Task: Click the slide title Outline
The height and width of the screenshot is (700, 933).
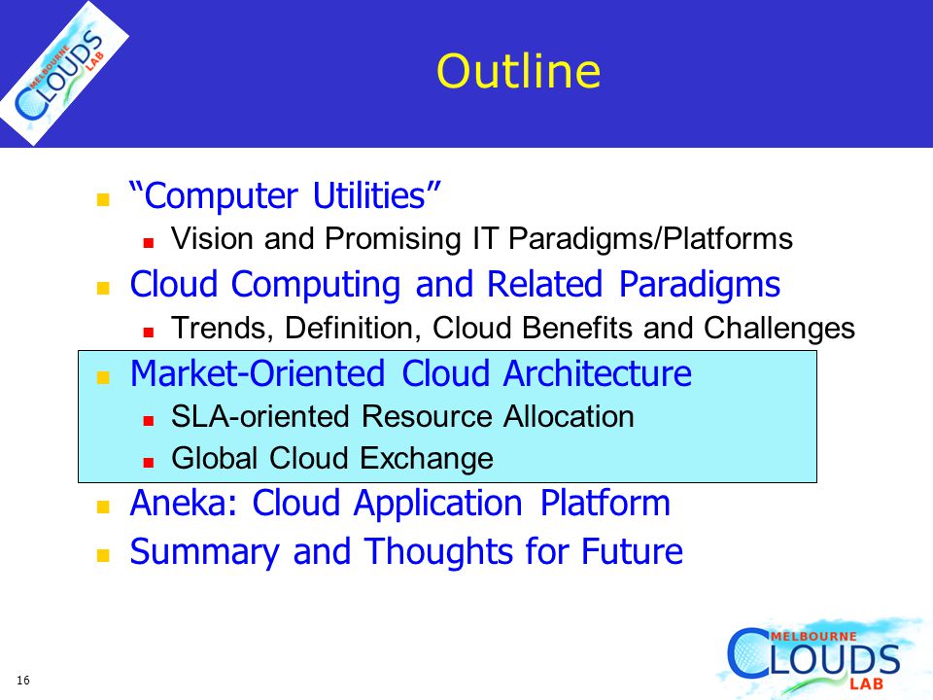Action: pos(518,71)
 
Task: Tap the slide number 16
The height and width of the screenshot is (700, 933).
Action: pos(23,680)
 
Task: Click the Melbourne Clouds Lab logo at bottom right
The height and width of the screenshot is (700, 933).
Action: pos(818,658)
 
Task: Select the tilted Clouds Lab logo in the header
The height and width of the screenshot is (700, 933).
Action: pos(64,73)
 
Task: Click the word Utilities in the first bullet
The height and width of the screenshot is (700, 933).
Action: pos(376,195)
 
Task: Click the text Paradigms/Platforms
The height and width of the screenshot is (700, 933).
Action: pos(650,240)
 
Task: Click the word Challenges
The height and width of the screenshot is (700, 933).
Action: pos(778,329)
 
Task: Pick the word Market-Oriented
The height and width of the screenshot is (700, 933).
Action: pos(258,373)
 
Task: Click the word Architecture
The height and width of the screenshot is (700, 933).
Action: pos(598,373)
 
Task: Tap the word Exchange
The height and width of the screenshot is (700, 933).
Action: pos(427,459)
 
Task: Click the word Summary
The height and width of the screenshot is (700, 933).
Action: pos(205,552)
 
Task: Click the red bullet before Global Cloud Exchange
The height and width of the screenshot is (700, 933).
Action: pos(149,462)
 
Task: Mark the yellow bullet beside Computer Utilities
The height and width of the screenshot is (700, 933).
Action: pos(103,198)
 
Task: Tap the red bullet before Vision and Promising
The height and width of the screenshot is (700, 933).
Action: pos(149,242)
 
